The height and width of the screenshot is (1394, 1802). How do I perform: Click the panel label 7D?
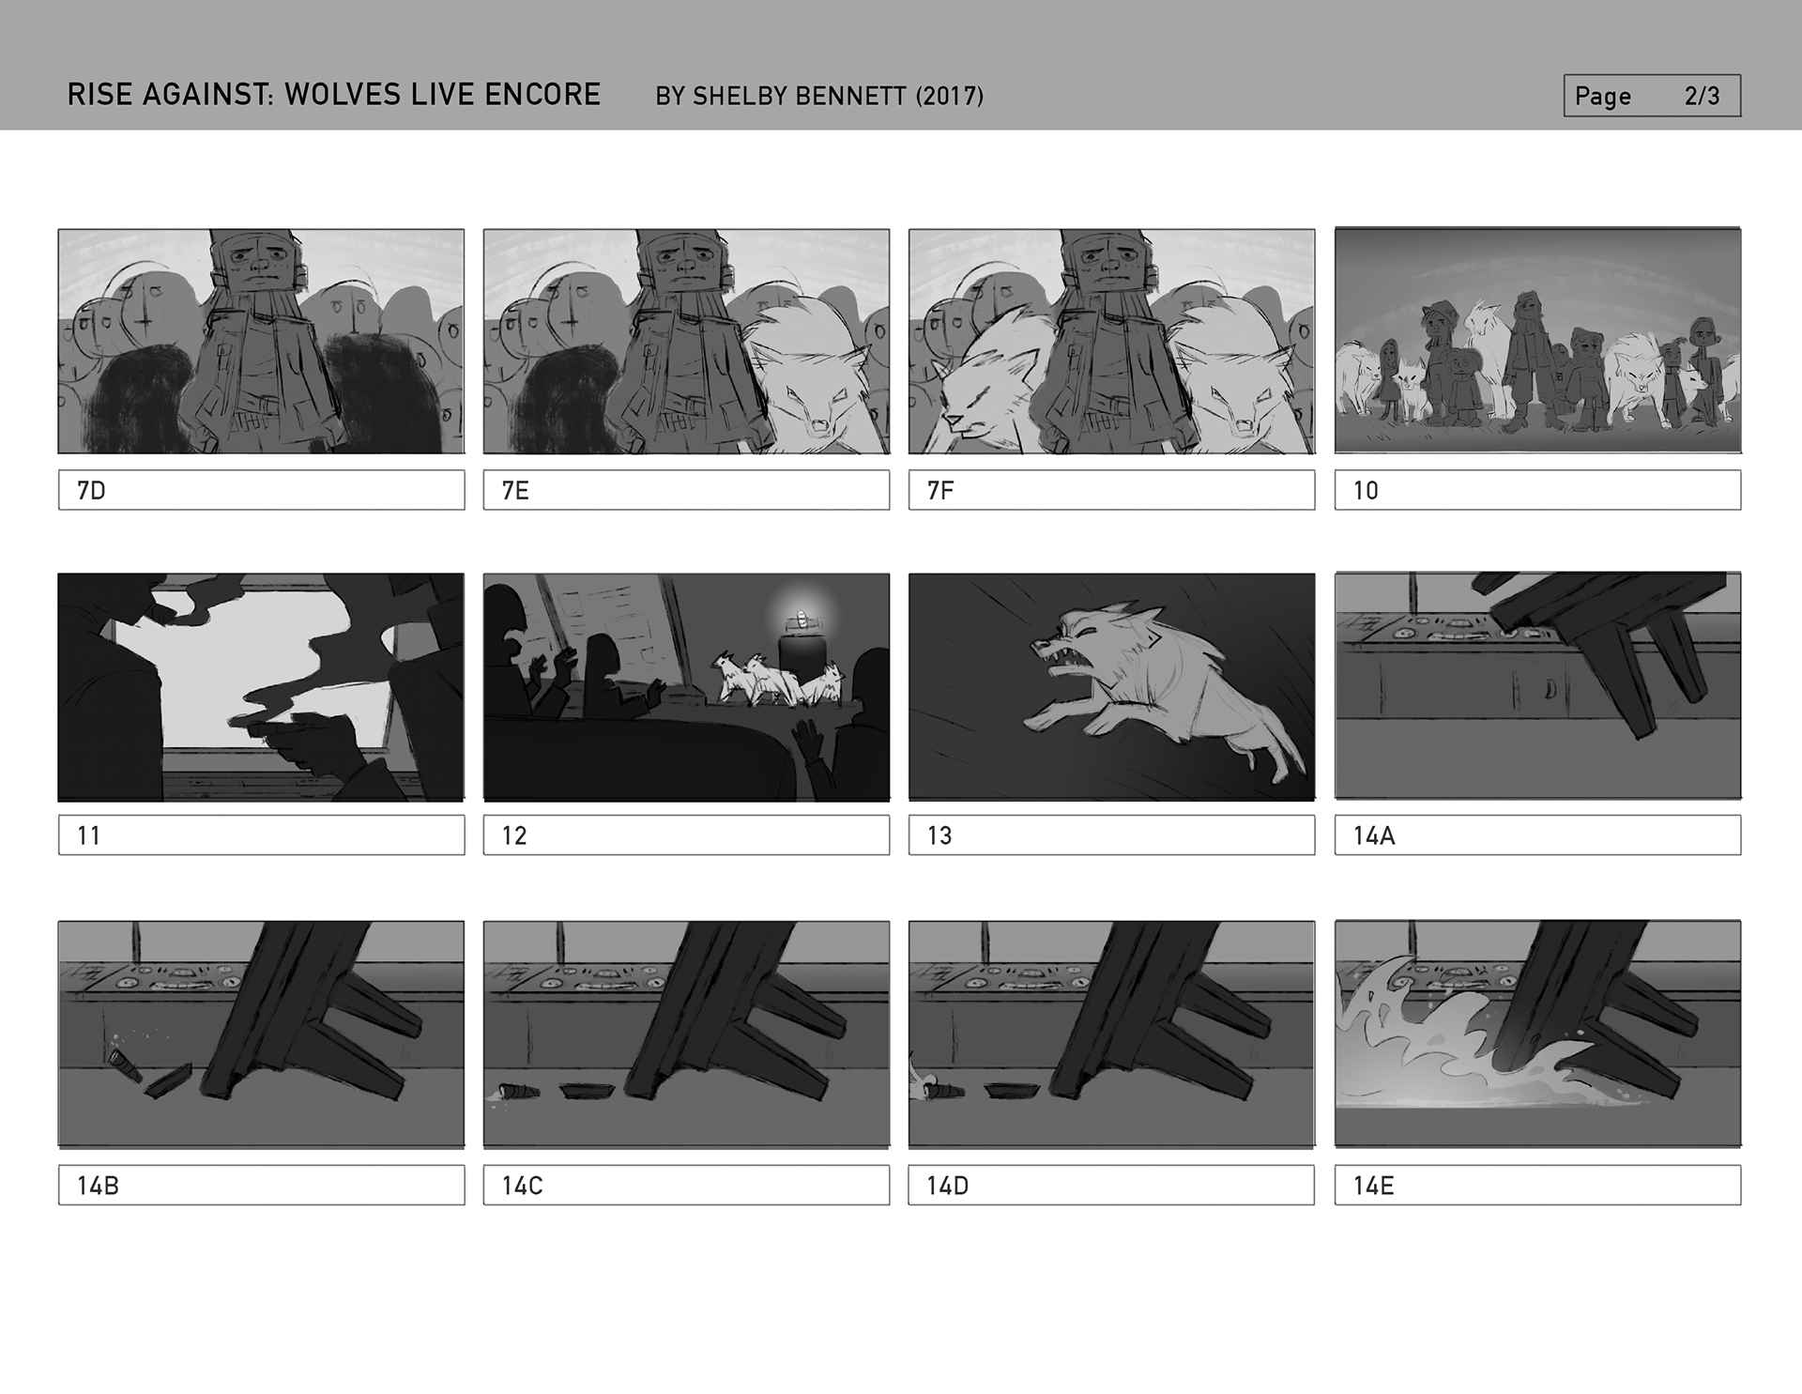(91, 491)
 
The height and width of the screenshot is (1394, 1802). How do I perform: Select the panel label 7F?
(940, 491)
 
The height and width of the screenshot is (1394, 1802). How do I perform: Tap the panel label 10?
(1366, 491)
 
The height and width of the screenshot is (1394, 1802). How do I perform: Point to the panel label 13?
(939, 835)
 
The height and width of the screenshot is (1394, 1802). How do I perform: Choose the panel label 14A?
(1374, 835)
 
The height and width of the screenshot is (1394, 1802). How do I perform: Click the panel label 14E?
(1373, 1186)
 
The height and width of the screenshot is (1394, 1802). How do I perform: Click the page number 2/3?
(1702, 96)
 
